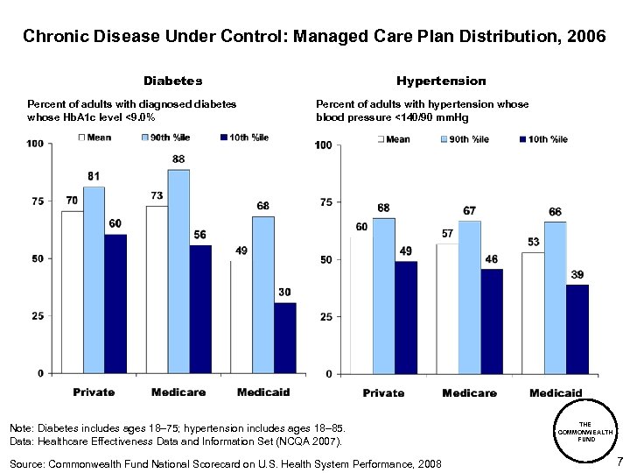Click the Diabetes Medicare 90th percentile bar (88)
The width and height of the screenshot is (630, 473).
point(178,272)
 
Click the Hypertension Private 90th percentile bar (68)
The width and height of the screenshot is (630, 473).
point(383,296)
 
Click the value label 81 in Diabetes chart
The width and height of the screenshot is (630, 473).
point(94,177)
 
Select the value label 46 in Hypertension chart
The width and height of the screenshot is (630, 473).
point(491,259)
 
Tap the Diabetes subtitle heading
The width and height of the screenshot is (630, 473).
point(172,81)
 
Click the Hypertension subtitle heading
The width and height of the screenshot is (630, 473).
point(440,81)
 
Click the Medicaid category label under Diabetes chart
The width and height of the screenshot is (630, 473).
point(263,392)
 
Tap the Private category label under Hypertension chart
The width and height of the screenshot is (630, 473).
point(383,392)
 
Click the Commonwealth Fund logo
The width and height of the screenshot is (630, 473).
point(587,433)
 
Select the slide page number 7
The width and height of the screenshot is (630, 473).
point(619,462)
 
